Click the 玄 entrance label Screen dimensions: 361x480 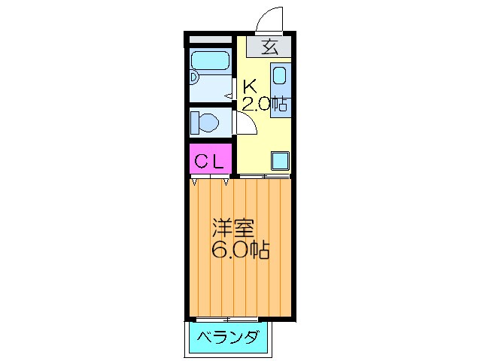click(x=270, y=47)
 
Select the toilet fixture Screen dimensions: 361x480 click(x=205, y=120)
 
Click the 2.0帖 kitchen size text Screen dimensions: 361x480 click(x=266, y=104)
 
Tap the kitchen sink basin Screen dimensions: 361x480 click(x=279, y=77)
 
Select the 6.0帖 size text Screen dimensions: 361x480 click(x=241, y=250)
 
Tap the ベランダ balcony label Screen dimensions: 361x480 click(x=228, y=337)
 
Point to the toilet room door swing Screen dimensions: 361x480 click(x=247, y=123)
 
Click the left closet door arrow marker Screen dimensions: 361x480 click(x=196, y=181)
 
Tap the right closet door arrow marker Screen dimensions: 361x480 click(x=226, y=181)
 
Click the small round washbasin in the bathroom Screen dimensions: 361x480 click(x=193, y=77)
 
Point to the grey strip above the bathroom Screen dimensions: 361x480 click(x=210, y=38)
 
